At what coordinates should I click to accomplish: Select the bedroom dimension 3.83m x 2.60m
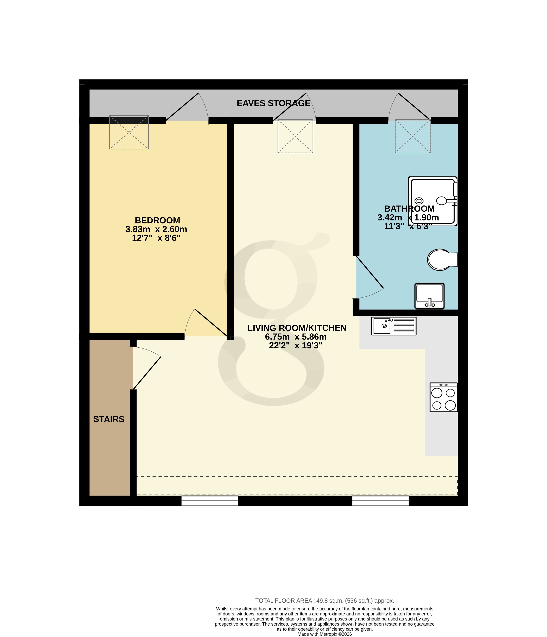click(156, 229)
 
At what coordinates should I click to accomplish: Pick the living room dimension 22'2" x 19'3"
click(295, 345)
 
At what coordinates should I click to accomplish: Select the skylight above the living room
click(295, 136)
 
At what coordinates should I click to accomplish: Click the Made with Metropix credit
click(324, 634)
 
